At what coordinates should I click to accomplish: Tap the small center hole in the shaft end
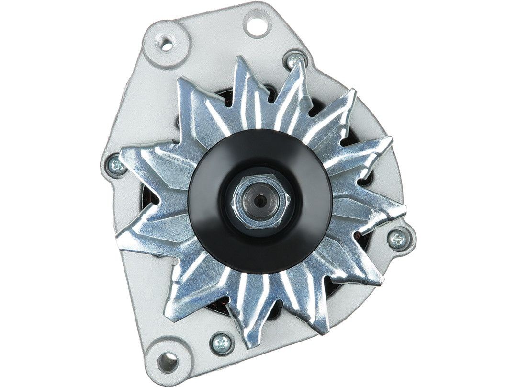[259, 202]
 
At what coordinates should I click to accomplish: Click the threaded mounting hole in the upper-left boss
[167, 46]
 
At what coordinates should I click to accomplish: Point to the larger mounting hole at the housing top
[257, 23]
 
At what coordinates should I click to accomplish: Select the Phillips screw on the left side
[117, 165]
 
